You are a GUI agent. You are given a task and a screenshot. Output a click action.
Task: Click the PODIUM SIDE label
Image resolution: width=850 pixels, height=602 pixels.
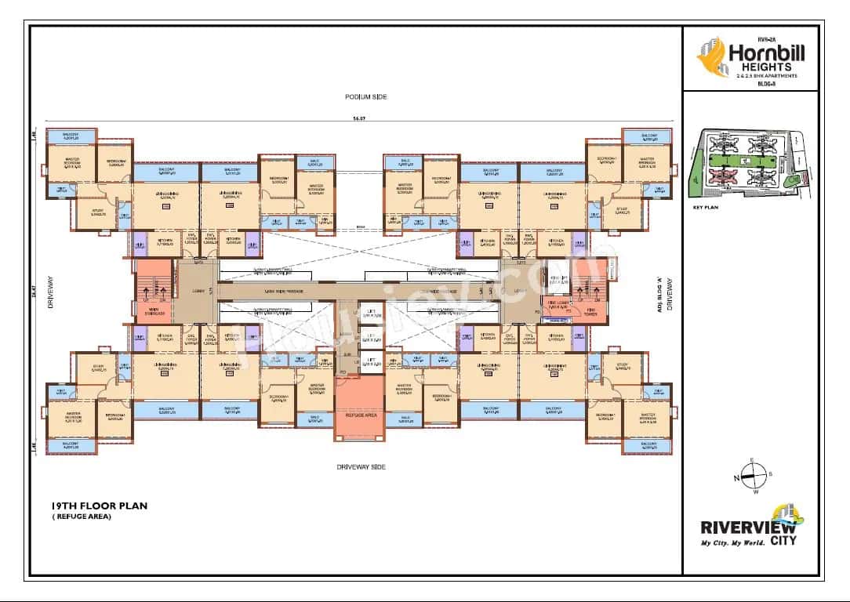[366, 96]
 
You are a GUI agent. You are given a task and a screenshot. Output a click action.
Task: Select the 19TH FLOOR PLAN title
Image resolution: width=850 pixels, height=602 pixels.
[99, 506]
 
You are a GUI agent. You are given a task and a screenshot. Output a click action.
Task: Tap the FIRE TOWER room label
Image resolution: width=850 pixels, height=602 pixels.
[590, 312]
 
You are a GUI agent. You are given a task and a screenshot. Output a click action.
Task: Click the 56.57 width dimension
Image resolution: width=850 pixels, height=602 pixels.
[360, 119]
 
